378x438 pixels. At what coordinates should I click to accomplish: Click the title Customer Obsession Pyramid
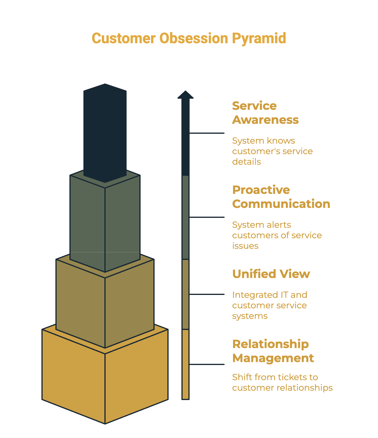189,38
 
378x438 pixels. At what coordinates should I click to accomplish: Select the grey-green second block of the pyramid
105,222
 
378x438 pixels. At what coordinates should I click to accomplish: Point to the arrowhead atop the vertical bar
185,95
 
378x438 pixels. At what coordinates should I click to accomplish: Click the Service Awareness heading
265,113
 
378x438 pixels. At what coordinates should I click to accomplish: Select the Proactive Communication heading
281,197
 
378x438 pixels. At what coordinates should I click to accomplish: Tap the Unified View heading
271,274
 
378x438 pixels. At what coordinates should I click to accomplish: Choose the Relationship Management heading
273,351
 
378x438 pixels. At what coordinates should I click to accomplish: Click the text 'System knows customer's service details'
272,151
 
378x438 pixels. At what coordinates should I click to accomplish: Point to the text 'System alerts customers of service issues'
277,235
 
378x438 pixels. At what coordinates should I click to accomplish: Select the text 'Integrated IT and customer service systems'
269,305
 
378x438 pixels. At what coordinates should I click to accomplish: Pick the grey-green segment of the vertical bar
185,217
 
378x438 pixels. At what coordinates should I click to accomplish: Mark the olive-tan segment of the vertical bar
185,294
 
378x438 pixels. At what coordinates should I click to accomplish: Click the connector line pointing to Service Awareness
207,133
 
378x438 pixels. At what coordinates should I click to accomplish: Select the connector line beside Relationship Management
207,364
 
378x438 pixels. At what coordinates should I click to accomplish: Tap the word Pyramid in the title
259,38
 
